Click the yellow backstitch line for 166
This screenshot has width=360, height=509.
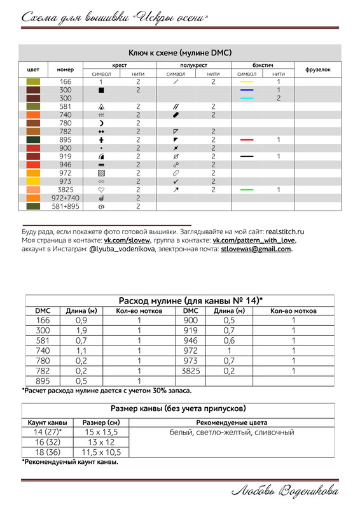pyautogui.click(x=247, y=82)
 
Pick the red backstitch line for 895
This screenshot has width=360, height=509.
pyautogui.click(x=247, y=139)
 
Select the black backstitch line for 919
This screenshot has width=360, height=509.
pyautogui.click(x=247, y=156)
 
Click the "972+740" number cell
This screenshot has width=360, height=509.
pyautogui.click(x=66, y=198)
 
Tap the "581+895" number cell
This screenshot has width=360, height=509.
pyautogui.click(x=66, y=206)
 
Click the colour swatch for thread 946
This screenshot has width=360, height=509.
pyautogui.click(x=32, y=164)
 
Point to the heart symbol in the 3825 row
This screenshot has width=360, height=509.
pyautogui.click(x=101, y=190)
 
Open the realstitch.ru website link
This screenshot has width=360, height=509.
pyautogui.click(x=285, y=232)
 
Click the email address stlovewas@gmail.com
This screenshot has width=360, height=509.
pyautogui.click(x=256, y=249)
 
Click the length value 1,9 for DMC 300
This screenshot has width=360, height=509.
pyautogui.click(x=81, y=331)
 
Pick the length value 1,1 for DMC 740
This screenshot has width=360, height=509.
pyautogui.click(x=81, y=350)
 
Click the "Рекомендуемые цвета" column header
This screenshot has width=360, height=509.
pyautogui.click(x=232, y=422)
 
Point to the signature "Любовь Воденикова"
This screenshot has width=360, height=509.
pyautogui.click(x=285, y=491)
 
